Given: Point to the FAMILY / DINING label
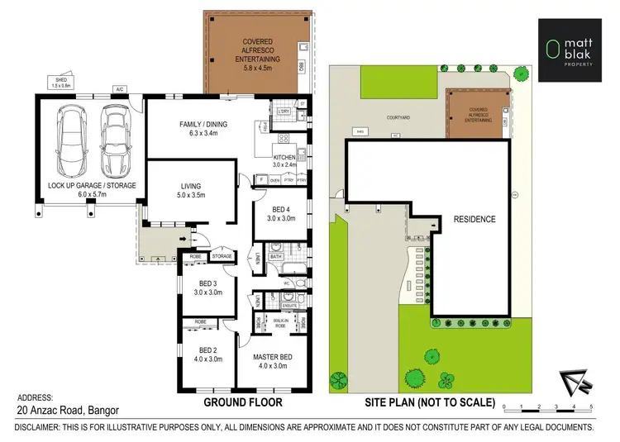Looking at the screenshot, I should (203, 125).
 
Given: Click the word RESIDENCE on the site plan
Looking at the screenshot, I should (474, 219).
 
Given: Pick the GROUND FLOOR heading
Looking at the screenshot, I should (243, 402).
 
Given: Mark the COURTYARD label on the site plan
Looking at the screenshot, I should (398, 117).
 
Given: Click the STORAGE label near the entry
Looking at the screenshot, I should (222, 257).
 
